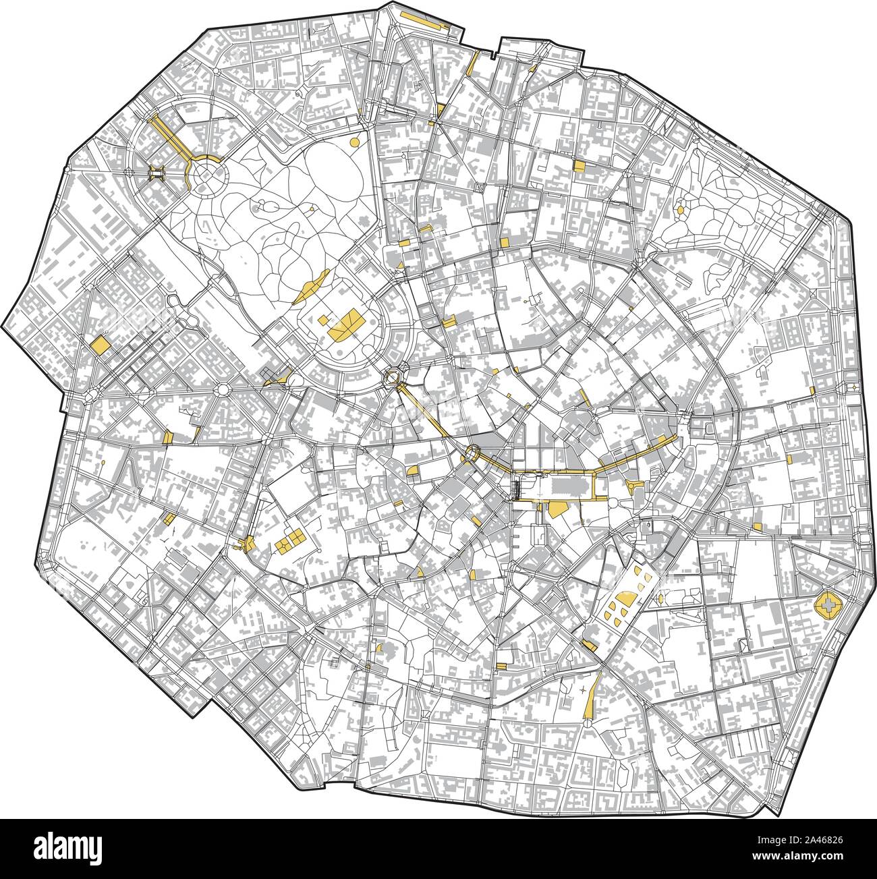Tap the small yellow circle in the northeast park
click(680, 210)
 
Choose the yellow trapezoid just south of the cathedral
click(557, 509)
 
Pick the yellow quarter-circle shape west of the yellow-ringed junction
click(412, 469)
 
